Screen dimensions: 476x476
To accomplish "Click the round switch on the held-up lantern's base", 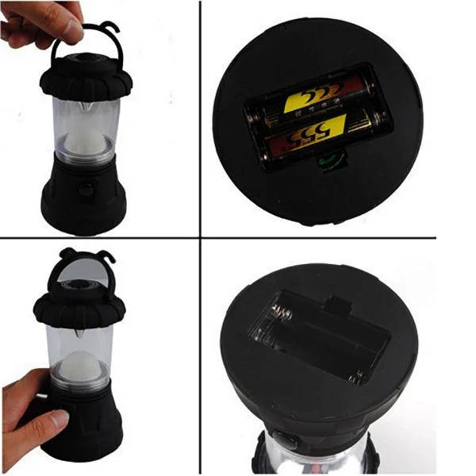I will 83,190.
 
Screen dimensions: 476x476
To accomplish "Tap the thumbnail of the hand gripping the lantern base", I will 32,413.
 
